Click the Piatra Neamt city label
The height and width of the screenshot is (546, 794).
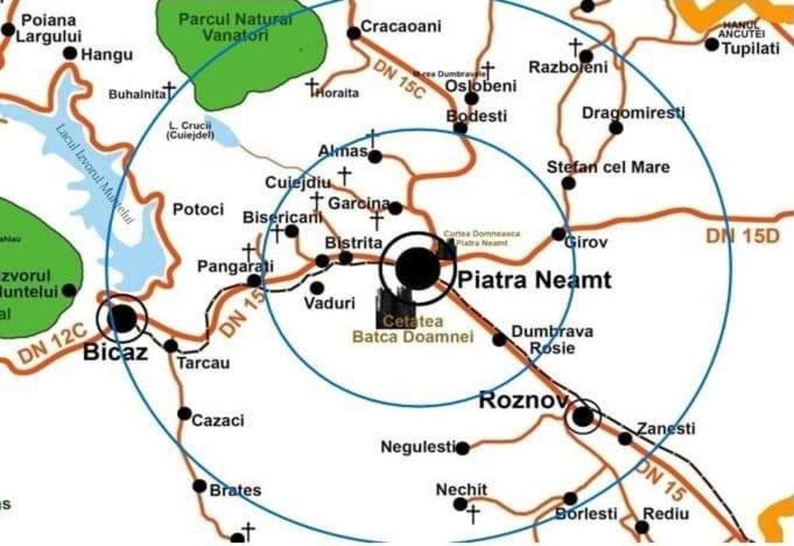(x=534, y=280)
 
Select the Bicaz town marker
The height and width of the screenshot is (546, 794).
(x=121, y=318)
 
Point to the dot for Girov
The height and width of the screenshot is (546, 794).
(x=559, y=234)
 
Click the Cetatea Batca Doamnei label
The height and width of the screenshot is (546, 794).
(x=413, y=329)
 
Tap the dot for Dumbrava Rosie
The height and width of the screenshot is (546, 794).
(x=499, y=340)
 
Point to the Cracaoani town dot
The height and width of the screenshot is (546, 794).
(x=354, y=33)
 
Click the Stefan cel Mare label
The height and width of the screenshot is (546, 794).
(x=608, y=167)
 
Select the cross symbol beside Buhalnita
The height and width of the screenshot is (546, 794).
(x=169, y=88)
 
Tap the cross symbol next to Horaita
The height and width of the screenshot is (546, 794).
(x=312, y=84)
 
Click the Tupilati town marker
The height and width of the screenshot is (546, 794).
(x=711, y=44)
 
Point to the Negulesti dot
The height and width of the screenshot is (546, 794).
(x=462, y=448)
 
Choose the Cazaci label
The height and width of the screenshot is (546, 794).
(x=218, y=421)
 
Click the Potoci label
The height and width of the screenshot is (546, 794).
(x=198, y=210)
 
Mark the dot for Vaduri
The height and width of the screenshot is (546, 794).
(x=317, y=287)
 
